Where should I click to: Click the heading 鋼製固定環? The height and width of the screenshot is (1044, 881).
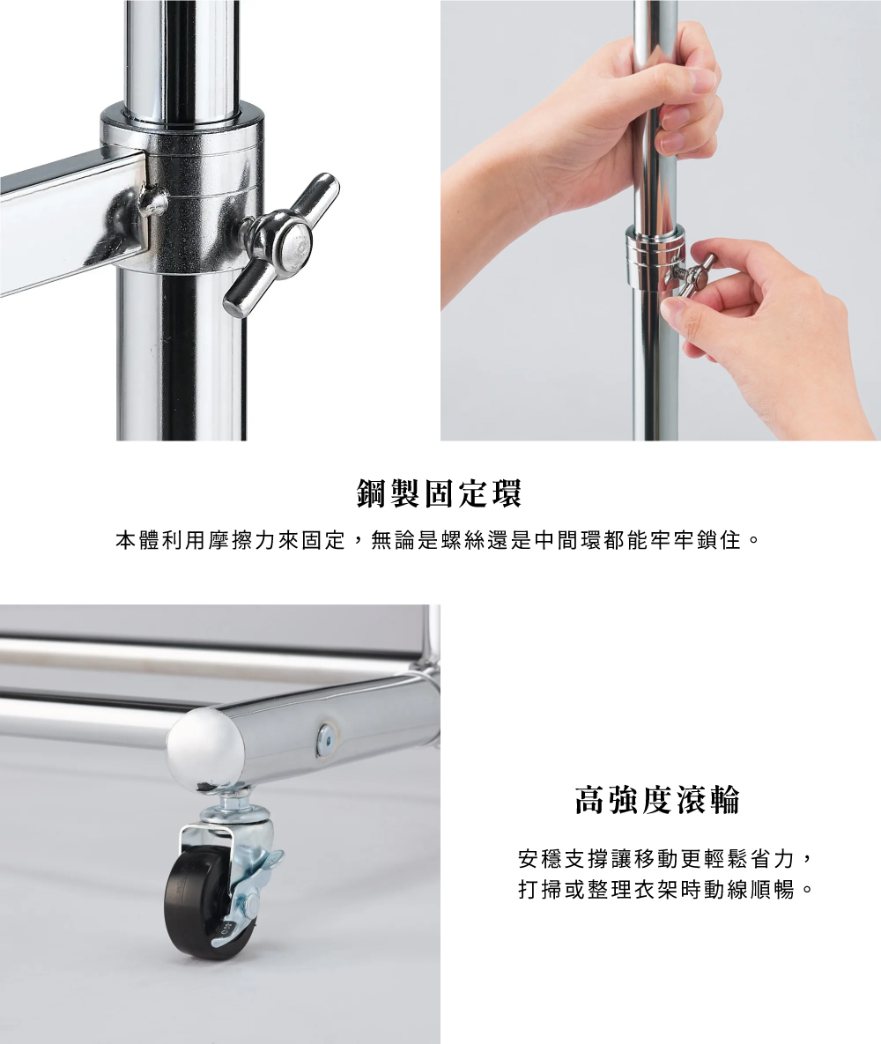[439, 493]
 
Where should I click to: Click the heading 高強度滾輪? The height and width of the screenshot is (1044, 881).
[656, 800]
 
